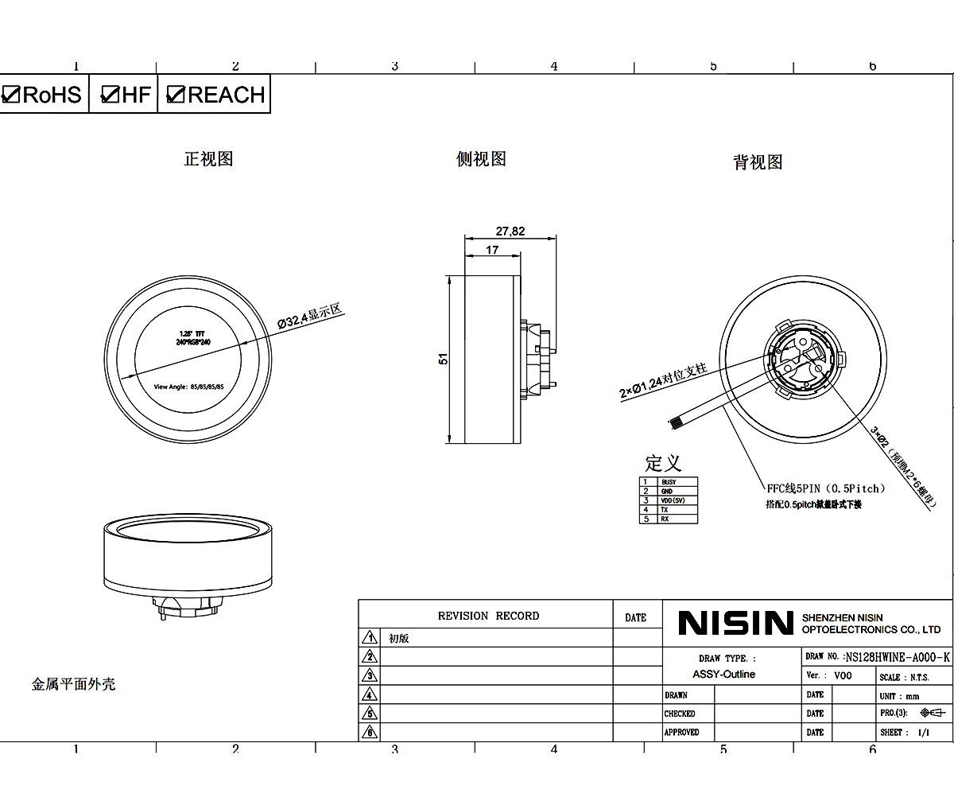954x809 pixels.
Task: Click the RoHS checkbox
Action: [x=11, y=95]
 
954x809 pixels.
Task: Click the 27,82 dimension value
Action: [x=510, y=231]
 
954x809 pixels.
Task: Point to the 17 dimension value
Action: [x=492, y=250]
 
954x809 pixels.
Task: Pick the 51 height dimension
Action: [x=444, y=359]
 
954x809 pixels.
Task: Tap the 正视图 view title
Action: [x=208, y=159]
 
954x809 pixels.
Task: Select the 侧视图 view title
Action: [x=481, y=159]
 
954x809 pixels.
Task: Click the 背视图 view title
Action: [x=758, y=162]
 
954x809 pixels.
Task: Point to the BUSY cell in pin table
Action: [x=669, y=482]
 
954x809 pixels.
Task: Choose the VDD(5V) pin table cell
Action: [x=673, y=500]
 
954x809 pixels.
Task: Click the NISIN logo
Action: [x=735, y=623]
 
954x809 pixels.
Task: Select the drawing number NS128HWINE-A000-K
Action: [x=898, y=657]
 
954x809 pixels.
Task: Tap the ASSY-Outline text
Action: [x=723, y=675]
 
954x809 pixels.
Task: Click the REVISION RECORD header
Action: [x=488, y=616]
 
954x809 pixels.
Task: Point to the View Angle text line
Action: [x=188, y=387]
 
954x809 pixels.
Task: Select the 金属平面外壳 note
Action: [x=73, y=684]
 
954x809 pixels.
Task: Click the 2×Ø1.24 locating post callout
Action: [x=663, y=381]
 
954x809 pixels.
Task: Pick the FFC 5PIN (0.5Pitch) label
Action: [x=825, y=488]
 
